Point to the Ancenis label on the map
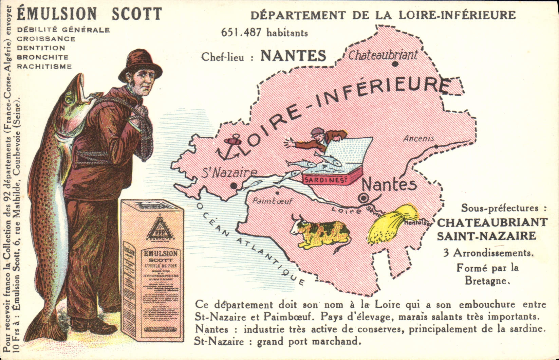tap(418, 139)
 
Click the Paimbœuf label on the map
tap(272, 201)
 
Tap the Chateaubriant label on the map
tap(383, 55)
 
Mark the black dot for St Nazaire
tap(234, 186)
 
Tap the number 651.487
tap(241, 32)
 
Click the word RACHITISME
tap(44, 66)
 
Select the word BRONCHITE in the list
tap(43, 57)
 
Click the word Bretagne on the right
tap(487, 281)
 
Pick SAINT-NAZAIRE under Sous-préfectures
tap(486, 236)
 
